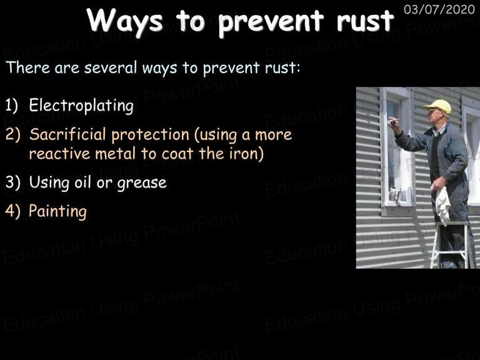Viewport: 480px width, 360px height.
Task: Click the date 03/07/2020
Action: (x=439, y=9)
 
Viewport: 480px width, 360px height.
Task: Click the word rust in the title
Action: (x=365, y=20)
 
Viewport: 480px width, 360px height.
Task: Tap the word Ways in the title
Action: (x=125, y=21)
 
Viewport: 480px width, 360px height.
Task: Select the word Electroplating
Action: (x=81, y=106)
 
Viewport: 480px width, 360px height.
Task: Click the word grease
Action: (x=142, y=183)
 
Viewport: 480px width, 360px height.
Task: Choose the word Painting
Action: (x=57, y=211)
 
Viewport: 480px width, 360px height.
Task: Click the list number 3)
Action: (x=13, y=182)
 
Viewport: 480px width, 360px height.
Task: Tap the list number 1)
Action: (x=12, y=105)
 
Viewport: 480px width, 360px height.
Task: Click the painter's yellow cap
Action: (x=438, y=106)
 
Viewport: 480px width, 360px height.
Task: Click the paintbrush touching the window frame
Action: (x=392, y=121)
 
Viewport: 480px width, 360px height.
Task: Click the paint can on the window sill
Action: (x=394, y=194)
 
